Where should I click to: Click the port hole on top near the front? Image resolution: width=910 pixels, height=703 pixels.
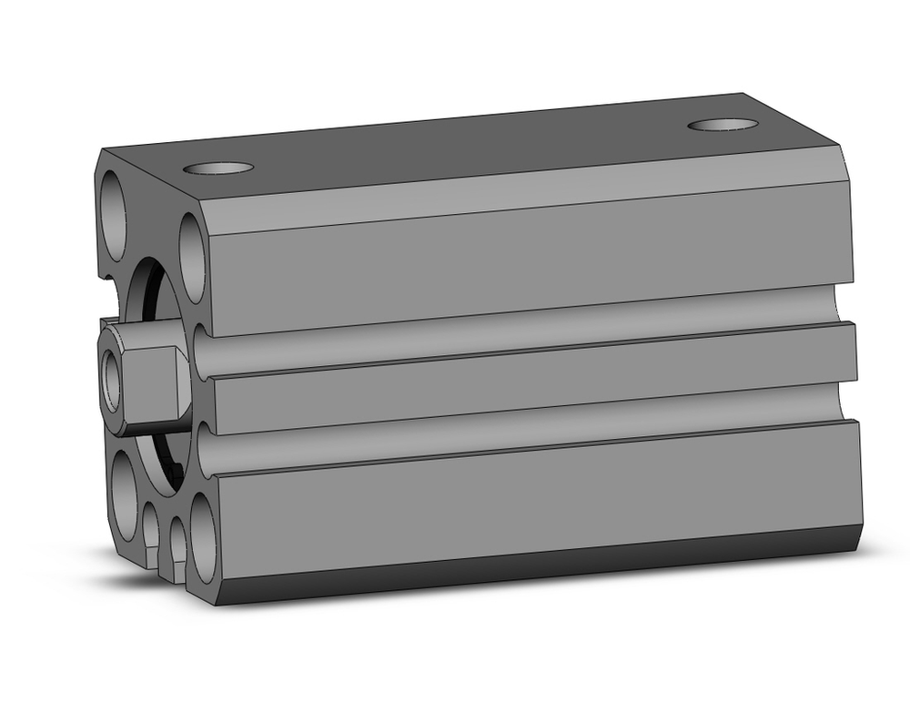pyautogui.click(x=217, y=168)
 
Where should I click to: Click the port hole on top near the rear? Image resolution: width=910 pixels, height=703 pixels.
pyautogui.click(x=723, y=124)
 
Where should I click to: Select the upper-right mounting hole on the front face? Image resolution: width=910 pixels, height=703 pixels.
pyautogui.click(x=193, y=256)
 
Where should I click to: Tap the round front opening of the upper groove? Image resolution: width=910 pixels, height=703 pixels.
pyautogui.click(x=202, y=351)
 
